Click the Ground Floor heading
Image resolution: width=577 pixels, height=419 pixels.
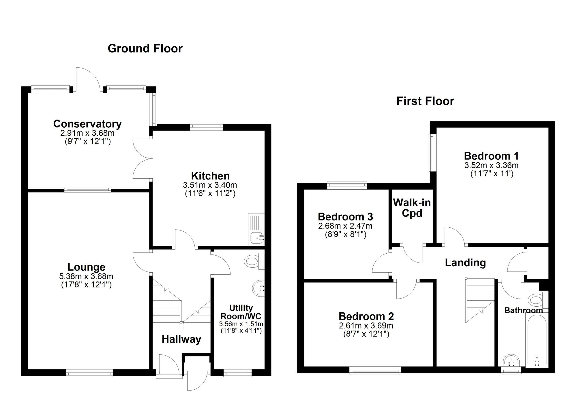(x=145, y=48)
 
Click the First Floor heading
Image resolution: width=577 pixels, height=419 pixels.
(x=425, y=101)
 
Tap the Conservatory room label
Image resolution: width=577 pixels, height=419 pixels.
(x=87, y=124)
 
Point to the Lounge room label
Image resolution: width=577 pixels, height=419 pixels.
(x=86, y=267)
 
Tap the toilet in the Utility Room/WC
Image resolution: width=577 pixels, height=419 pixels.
(x=252, y=261)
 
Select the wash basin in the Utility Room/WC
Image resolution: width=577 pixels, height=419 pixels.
(x=258, y=288)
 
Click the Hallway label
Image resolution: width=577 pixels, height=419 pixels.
(x=181, y=339)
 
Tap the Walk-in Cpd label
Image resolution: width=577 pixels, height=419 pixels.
(x=412, y=208)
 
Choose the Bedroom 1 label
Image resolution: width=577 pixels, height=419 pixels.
(x=491, y=156)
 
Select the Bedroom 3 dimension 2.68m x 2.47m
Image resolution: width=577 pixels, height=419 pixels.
(x=345, y=226)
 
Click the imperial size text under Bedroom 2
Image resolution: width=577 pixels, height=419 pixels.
(x=366, y=334)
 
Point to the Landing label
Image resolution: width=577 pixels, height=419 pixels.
(x=465, y=263)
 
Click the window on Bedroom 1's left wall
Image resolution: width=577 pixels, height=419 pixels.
(x=432, y=152)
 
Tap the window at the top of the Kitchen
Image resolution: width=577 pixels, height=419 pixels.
(x=206, y=126)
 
